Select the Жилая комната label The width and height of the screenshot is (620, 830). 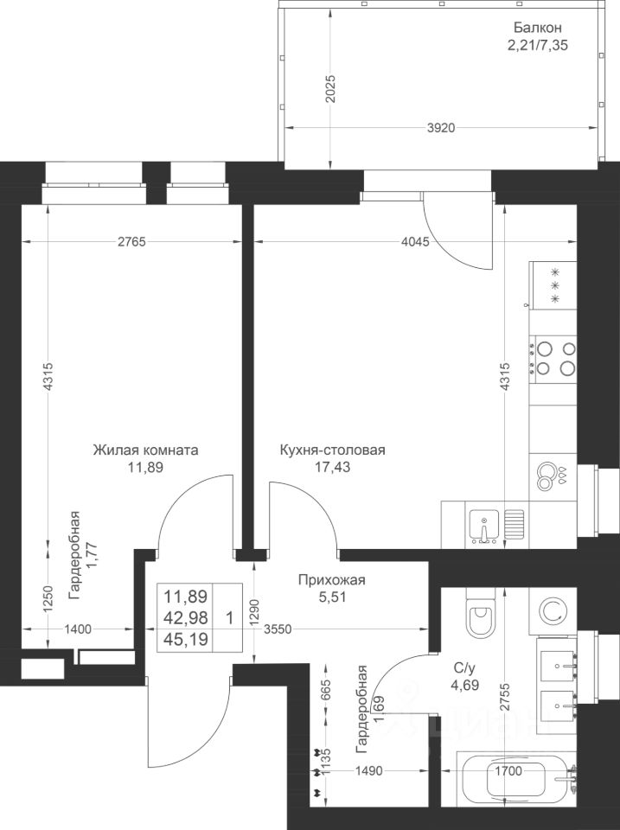tap(146, 450)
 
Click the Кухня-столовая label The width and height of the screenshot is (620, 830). tap(332, 450)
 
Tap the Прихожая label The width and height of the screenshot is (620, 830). tap(331, 580)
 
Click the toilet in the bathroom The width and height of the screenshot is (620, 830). tap(478, 616)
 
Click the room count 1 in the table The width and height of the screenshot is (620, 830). tap(228, 617)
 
